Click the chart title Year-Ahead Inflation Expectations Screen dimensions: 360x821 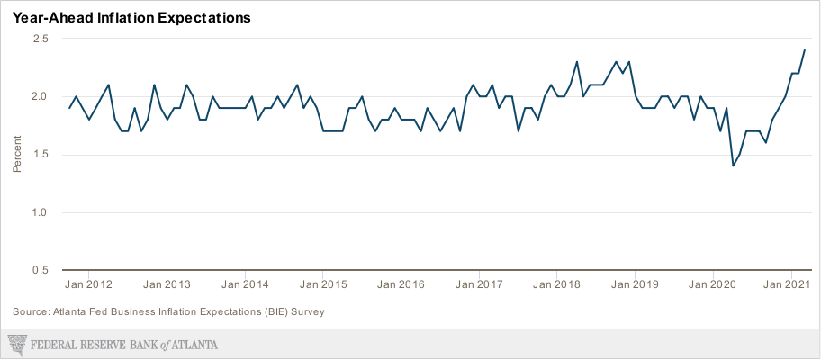tap(131, 17)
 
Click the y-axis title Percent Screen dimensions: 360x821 tap(17, 155)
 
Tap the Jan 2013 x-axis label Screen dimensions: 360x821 tap(167, 284)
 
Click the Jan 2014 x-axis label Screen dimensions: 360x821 tap(245, 284)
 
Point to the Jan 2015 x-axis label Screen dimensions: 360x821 tap(323, 284)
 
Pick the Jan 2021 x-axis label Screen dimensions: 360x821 tap(787, 284)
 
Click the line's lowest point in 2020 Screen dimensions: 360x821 tap(733, 166)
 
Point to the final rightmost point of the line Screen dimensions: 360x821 tap(805, 50)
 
